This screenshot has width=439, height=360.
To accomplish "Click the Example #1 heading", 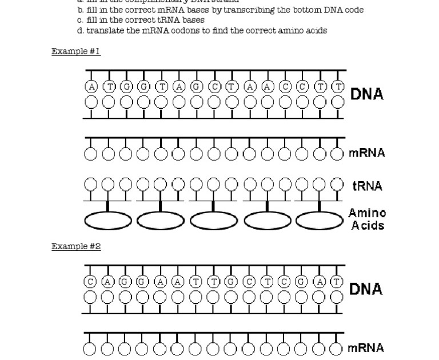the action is coord(76,51).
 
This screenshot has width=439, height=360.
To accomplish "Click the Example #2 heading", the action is coord(76,246).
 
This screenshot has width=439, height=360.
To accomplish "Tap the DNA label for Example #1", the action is coord(367,94).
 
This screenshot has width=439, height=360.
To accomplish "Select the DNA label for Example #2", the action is coord(366,289).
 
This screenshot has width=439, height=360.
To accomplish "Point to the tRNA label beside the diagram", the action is coord(368,186).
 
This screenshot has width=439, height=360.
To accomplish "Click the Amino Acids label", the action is coord(368,219).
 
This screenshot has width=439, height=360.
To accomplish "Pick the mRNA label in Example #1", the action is coord(367,153).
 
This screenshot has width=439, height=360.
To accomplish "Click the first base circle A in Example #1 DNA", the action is coord(91,87).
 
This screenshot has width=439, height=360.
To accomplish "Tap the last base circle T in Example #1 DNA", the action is coord(338,87).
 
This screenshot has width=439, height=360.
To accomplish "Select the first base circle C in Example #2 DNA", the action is coord(90,281).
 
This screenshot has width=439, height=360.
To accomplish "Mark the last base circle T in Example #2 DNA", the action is coord(337,281).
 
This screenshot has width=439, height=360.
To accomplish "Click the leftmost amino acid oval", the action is coord(108,221).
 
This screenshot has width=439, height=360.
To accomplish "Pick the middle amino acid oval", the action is coord(214,221).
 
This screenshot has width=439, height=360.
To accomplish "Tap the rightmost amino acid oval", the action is coord(320,221).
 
